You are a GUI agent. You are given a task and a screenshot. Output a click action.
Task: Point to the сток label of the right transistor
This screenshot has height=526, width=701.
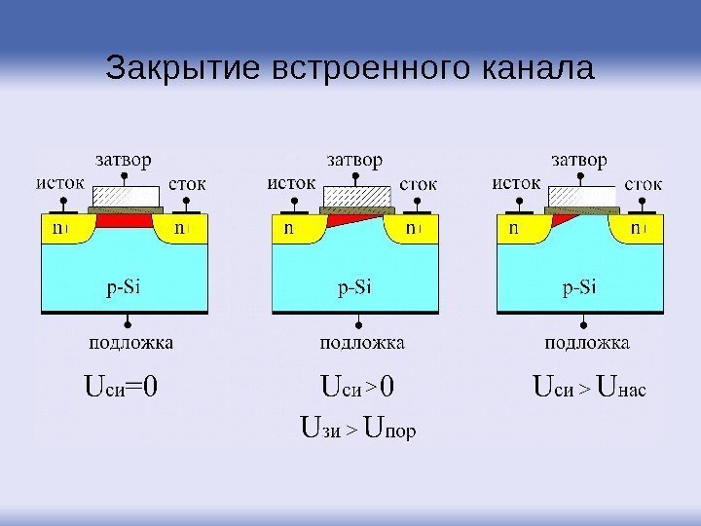pyautogui.click(x=642, y=181)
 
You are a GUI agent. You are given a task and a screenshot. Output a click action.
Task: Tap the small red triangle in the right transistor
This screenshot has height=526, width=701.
pyautogui.click(x=562, y=220)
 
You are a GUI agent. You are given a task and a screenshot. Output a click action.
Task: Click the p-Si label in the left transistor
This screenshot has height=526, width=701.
pyautogui.click(x=123, y=286)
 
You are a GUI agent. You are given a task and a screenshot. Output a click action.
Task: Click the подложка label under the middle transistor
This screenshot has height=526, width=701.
pyautogui.click(x=361, y=342)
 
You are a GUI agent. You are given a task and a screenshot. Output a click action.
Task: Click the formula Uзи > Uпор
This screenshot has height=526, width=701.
pyautogui.click(x=358, y=427)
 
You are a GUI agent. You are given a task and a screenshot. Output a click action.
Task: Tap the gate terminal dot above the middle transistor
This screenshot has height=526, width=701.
pyautogui.click(x=357, y=176)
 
